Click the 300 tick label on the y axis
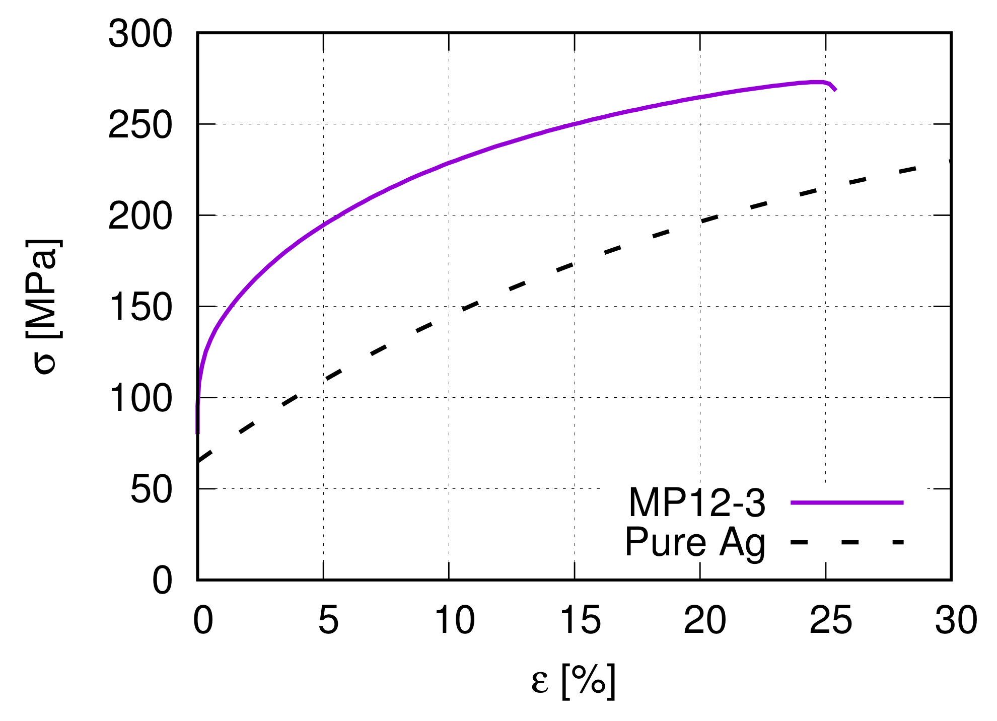140,35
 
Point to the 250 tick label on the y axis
140,125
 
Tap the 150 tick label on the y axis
140,308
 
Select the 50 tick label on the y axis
151,490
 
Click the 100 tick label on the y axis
140,399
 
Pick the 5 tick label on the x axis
328,620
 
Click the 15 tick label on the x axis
580,620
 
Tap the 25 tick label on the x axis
831,620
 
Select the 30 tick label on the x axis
956,620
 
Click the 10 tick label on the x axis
454,620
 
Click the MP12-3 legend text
697,502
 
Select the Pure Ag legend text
695,542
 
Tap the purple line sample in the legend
847,502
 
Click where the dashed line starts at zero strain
199,461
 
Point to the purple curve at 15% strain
575,124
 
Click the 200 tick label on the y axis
140,217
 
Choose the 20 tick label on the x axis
705,620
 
